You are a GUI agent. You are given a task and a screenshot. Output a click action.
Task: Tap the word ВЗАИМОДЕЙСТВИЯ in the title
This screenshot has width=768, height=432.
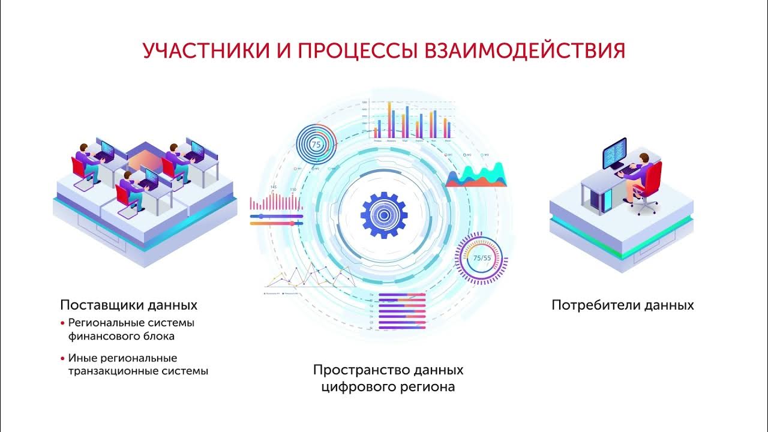(525, 50)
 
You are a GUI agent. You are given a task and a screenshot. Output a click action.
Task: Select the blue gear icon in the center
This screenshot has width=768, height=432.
(384, 215)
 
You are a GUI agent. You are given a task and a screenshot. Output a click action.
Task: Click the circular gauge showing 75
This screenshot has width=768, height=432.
(316, 145)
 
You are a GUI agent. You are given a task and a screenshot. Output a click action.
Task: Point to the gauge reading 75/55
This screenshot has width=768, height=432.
(482, 259)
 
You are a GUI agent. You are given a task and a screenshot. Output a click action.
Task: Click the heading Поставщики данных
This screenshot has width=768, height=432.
(128, 305)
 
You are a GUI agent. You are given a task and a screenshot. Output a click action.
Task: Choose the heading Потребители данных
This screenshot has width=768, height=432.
(622, 305)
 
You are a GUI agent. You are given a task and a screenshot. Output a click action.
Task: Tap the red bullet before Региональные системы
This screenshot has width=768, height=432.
(62, 323)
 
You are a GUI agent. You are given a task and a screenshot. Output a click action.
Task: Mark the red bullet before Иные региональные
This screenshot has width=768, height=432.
(62, 358)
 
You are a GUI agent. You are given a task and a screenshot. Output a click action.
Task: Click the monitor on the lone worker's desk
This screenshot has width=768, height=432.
(614, 154)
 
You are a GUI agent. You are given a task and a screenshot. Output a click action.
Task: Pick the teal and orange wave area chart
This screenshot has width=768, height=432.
(476, 176)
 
